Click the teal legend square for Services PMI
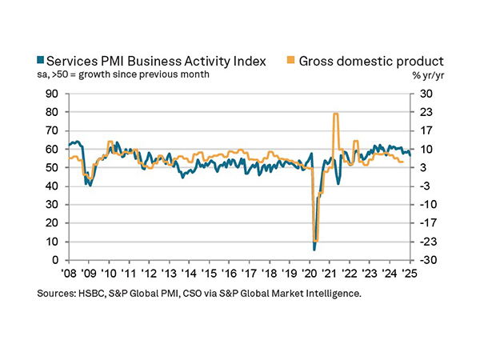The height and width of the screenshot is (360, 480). tap(42, 61)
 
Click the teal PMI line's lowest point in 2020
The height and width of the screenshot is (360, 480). tap(314, 249)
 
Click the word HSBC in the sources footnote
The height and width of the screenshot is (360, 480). tap(94, 294)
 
